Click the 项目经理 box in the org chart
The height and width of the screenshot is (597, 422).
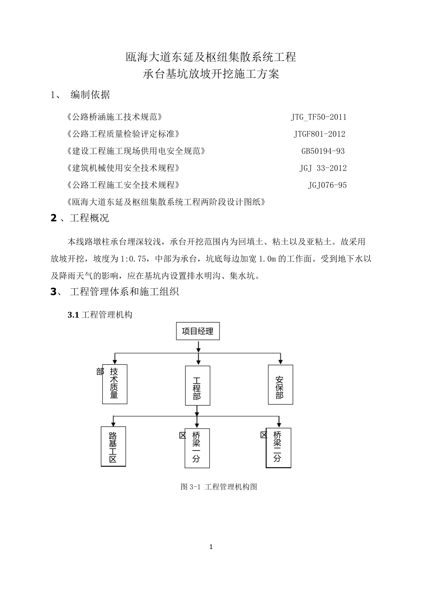[198, 331]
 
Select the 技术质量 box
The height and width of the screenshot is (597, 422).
[115, 384]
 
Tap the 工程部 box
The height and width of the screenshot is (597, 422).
[197, 386]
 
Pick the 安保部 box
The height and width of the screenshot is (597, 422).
[280, 384]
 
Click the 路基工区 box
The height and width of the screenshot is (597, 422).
[113, 446]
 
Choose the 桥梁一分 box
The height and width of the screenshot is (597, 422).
[197, 448]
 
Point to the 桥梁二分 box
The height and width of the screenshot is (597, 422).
[278, 448]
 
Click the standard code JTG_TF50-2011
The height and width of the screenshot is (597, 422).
[318, 117]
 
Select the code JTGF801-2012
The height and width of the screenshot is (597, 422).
[319, 134]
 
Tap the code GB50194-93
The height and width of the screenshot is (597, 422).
[323, 151]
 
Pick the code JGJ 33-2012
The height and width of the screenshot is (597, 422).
[323, 168]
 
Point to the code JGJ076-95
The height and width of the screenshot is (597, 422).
[327, 185]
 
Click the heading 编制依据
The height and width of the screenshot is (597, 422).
[90, 95]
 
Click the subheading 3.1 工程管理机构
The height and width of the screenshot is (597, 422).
[100, 315]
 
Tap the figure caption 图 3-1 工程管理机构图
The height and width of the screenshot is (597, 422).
[219, 487]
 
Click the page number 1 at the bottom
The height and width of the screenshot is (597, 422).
[211, 547]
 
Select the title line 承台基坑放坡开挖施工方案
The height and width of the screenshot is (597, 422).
[211, 74]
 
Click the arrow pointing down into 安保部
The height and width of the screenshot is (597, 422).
[280, 359]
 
